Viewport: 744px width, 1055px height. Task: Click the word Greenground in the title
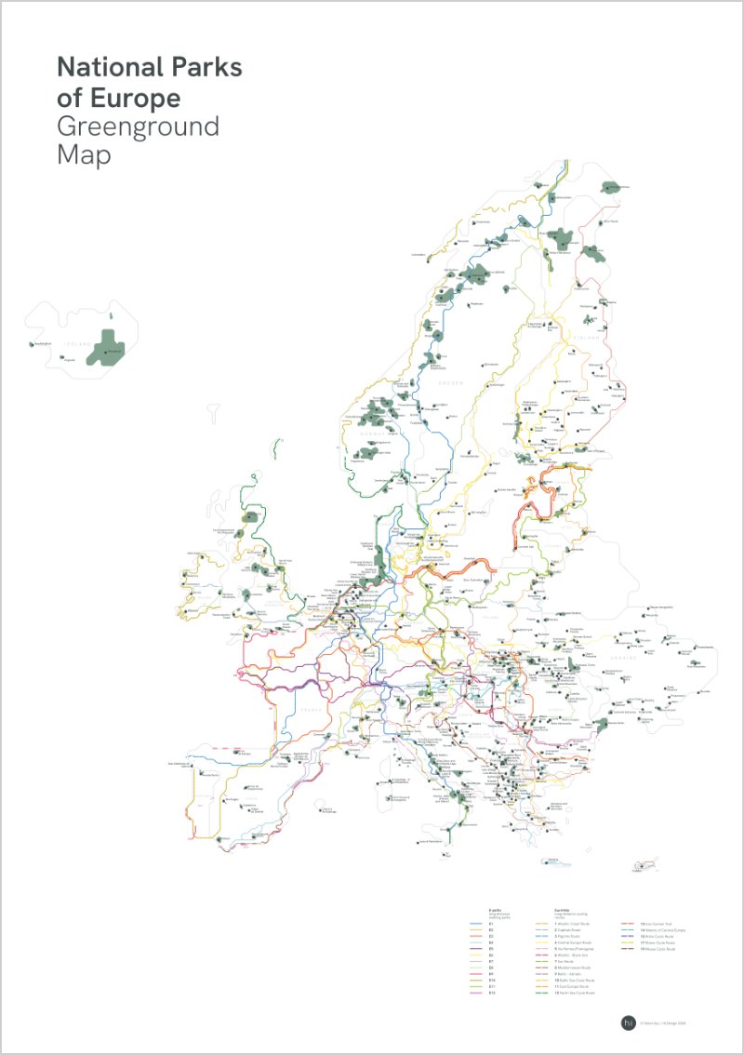pos(138,127)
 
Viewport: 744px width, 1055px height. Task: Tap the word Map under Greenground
pos(84,154)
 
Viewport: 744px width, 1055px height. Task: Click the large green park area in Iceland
pos(111,346)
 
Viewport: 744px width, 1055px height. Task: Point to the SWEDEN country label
pos(450,382)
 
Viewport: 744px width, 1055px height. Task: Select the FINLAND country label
pos(589,339)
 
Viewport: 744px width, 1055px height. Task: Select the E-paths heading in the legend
pos(496,909)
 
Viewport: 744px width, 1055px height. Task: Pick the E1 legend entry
pos(492,923)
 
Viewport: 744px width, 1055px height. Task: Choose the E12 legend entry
pos(493,993)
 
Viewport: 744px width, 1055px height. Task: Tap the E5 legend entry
pos(492,948)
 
